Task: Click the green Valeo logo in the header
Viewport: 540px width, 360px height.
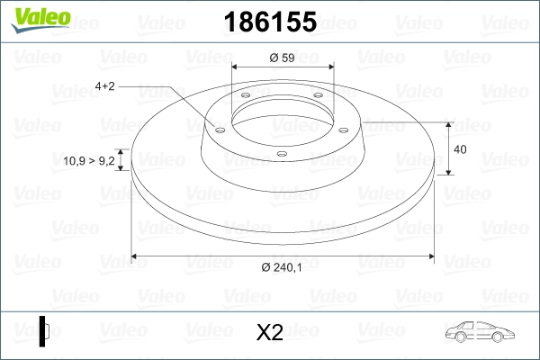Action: (40, 20)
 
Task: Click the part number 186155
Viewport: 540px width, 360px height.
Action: (270, 22)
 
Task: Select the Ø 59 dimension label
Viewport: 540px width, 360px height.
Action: (282, 58)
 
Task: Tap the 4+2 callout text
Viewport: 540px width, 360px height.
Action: (104, 86)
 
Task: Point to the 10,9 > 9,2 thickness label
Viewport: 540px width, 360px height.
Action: (89, 160)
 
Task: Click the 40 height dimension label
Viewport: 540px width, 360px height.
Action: (460, 149)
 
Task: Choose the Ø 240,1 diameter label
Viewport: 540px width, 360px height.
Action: (282, 267)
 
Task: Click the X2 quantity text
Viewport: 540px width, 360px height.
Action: (270, 332)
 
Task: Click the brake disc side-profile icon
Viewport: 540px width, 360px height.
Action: (44, 331)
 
